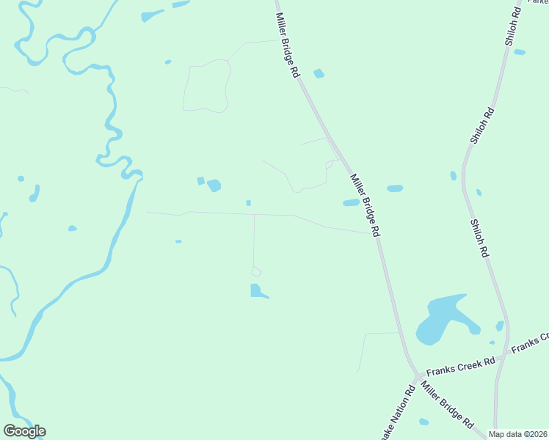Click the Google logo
[x=24, y=431]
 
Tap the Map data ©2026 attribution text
[x=518, y=434]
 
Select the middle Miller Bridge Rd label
[x=365, y=205]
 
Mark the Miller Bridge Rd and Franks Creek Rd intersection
[x=417, y=375]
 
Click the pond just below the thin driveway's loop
[x=258, y=291]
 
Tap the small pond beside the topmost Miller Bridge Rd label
[x=319, y=73]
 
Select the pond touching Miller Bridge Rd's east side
[x=351, y=203]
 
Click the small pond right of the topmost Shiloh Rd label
[x=520, y=52]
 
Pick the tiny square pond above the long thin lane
[x=249, y=203]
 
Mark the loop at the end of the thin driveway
[x=256, y=272]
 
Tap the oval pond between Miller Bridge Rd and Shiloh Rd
[x=395, y=188]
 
